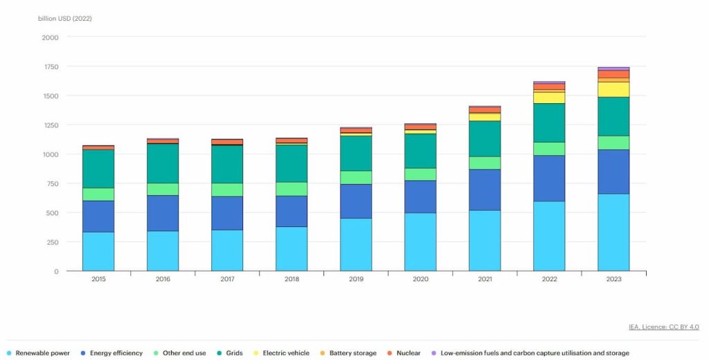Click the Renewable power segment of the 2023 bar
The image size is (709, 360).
coord(613,232)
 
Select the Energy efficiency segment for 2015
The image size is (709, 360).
coord(98,216)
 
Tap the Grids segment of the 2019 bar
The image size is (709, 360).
coord(356,153)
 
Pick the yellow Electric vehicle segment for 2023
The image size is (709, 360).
coord(613,89)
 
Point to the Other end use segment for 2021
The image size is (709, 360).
coord(485,163)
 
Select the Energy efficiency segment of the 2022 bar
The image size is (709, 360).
coord(549,178)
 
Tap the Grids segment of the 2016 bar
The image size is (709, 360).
coord(163,163)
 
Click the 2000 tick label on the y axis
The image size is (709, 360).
coord(51,37)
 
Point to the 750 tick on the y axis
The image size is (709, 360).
coord(53,183)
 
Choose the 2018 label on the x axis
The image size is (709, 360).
coord(291,280)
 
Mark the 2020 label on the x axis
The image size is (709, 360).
coord(420,280)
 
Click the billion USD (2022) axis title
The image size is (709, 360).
coord(65,19)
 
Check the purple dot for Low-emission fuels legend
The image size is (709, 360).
coord(433,353)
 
